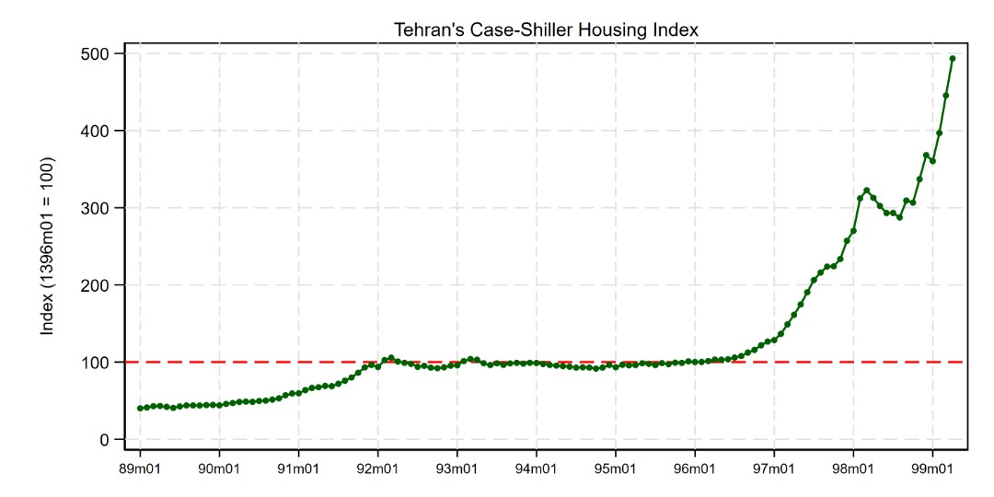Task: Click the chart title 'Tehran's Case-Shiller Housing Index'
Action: click(547, 29)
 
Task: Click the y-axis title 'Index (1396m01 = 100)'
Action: click(48, 246)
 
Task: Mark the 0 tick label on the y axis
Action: click(107, 440)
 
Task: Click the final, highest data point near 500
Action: click(953, 59)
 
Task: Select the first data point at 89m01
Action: click(140, 408)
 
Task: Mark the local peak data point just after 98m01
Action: click(867, 191)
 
